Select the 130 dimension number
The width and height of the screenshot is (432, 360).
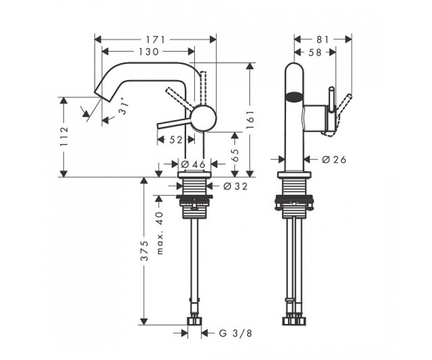[x=148, y=52]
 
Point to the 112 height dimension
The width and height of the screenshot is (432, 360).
[x=64, y=136]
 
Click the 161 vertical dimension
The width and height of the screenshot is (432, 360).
[x=250, y=120]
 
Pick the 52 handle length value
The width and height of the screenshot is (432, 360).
[x=176, y=140]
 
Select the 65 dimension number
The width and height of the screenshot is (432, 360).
[x=234, y=156]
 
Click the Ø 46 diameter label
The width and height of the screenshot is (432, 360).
[x=193, y=164]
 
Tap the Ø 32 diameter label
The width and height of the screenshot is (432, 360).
[x=235, y=187]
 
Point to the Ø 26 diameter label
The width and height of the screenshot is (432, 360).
[x=334, y=160]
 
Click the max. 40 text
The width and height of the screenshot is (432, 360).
[x=160, y=233]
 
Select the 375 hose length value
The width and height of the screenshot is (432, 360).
[x=145, y=251]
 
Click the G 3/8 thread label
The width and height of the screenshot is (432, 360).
[x=235, y=333]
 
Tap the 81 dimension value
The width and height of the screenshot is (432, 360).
[x=323, y=40]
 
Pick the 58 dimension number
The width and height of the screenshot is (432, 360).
[x=315, y=52]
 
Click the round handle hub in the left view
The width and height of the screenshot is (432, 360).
[x=204, y=117]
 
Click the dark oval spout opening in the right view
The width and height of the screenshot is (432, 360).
[x=294, y=97]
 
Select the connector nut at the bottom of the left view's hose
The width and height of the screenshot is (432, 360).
[x=194, y=321]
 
